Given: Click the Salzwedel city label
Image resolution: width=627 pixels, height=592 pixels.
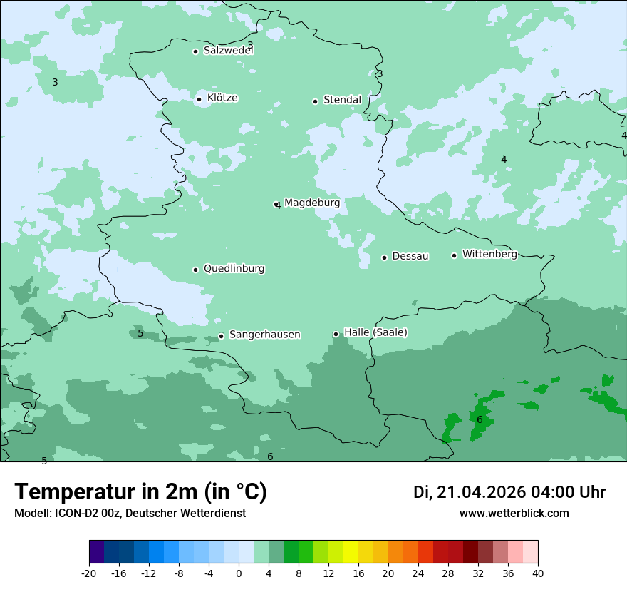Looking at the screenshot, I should click(228, 51).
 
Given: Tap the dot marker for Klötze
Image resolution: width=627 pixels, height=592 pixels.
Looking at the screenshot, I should click(199, 99).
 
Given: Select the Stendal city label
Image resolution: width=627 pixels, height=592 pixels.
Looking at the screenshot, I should click(342, 100).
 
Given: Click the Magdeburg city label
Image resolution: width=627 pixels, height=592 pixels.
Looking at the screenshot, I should click(312, 203).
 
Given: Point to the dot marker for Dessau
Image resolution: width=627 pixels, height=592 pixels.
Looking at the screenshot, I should click(384, 257).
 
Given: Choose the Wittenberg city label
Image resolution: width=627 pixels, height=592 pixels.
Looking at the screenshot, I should click(489, 255).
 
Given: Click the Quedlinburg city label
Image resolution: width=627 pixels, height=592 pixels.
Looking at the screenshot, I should click(234, 269).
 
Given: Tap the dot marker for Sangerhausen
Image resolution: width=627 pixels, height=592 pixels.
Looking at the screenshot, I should click(221, 336).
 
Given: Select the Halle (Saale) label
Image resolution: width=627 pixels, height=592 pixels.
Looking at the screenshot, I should click(375, 332).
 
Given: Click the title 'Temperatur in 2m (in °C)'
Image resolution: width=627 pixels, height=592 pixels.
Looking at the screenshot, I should click(140, 492).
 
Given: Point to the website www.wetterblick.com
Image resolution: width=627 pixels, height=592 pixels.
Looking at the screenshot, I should click(514, 514).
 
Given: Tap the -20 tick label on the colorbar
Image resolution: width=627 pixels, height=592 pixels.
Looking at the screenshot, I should click(89, 573).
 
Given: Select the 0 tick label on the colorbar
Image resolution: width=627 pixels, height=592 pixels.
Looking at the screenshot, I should click(239, 573).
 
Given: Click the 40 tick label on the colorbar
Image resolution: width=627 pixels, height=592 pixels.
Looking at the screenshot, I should click(538, 573).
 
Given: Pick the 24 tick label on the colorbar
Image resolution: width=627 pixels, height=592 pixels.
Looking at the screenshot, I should click(418, 573).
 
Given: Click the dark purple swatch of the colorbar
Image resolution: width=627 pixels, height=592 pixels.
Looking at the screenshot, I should click(97, 552).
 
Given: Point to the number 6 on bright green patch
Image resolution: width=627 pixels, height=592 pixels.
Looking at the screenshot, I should click(480, 419).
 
